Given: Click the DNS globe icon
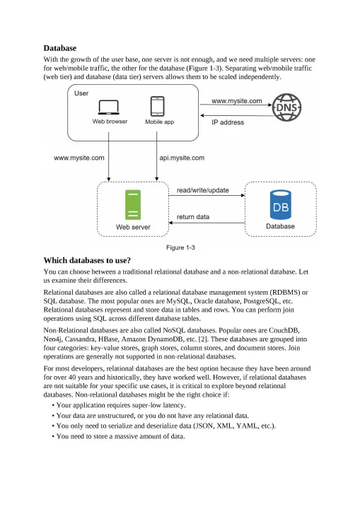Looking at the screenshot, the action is click(x=286, y=107).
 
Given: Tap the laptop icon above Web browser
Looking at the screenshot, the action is click(x=108, y=107).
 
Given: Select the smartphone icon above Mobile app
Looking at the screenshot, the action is click(x=158, y=106).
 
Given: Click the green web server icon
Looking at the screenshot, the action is click(x=133, y=205).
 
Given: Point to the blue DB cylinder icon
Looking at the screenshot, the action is click(x=280, y=204).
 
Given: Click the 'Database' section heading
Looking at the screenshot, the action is click(x=60, y=48).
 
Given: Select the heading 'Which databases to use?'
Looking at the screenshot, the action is click(x=87, y=260).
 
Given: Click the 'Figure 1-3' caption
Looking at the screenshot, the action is click(x=180, y=247).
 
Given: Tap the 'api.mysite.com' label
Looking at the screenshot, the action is click(x=182, y=158).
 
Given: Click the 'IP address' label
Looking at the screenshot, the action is click(x=228, y=122).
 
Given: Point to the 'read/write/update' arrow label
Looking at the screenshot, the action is click(x=203, y=190).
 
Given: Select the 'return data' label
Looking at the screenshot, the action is click(x=193, y=217).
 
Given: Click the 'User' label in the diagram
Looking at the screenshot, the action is click(x=81, y=93).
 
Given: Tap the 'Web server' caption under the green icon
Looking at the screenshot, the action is click(x=133, y=227).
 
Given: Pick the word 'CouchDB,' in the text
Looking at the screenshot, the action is click(x=284, y=330).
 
